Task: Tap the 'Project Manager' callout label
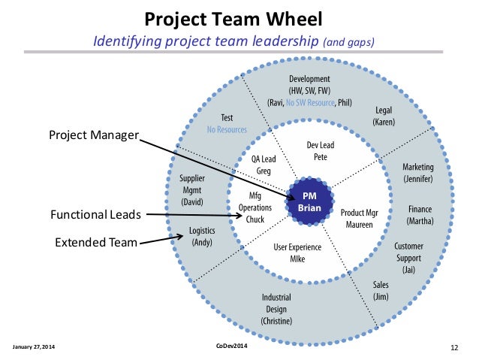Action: tap(94, 135)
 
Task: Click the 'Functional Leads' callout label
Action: tap(95, 215)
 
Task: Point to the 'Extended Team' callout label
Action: tap(95, 242)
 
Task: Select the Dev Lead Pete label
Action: tap(321, 152)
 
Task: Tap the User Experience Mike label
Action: tap(298, 253)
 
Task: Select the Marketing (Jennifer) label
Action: tap(417, 172)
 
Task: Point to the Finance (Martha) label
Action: tap(418, 215)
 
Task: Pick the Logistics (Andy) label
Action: tap(198, 237)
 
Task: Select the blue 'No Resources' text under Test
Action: tap(227, 130)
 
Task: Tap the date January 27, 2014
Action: tap(34, 346)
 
